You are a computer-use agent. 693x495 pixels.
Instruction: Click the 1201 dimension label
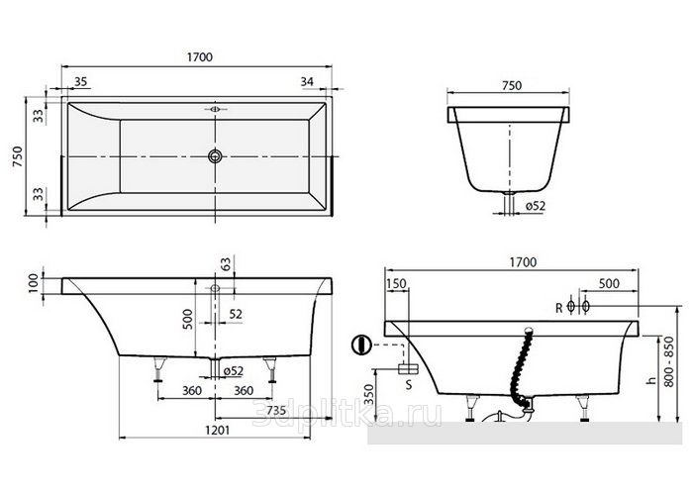pos(218,429)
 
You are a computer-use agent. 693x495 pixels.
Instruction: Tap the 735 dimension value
pos(276,411)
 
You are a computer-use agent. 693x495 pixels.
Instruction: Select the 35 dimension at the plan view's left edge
pos(80,81)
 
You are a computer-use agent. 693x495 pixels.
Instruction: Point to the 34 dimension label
pos(307,81)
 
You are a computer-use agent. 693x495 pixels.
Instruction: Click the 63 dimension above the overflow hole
pos(226,264)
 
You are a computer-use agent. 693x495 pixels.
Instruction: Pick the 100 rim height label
pos(34,284)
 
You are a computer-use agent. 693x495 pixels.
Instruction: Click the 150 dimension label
pos(396,283)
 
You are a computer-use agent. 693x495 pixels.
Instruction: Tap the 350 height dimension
pos(368,394)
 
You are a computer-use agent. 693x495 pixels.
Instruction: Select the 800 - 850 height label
pos(669,362)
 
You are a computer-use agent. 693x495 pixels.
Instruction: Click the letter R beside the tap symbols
pos(559,308)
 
